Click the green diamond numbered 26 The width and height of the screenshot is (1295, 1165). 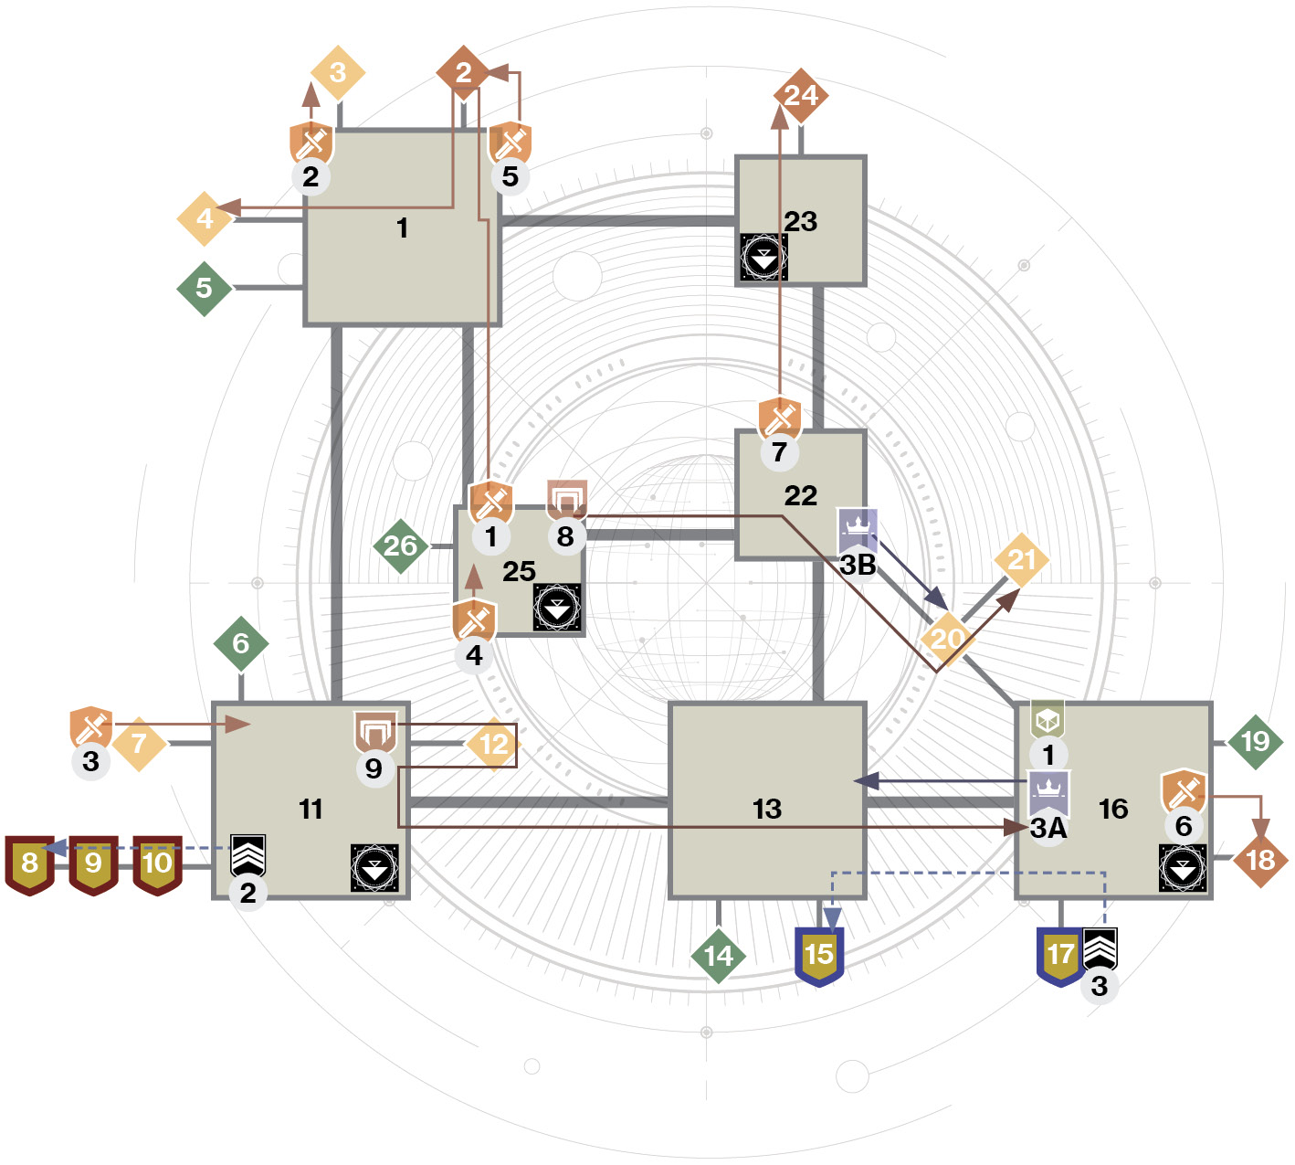(401, 546)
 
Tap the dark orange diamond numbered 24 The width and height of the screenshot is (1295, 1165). (801, 96)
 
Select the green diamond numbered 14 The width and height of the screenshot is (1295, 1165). (719, 956)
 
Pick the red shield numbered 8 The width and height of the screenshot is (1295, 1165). (30, 864)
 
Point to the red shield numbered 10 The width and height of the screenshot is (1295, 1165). (157, 864)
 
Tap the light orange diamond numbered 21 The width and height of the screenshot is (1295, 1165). (1021, 560)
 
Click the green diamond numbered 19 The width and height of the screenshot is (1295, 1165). (1255, 742)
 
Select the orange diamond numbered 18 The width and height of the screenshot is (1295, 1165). (1261, 860)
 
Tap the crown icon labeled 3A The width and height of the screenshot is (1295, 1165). (1048, 793)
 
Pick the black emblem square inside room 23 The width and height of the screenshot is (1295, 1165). (763, 257)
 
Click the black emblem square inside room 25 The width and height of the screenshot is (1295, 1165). (557, 608)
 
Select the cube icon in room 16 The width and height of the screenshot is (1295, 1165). (1048, 719)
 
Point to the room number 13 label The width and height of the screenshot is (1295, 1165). (767, 809)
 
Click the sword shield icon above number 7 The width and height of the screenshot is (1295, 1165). (780, 418)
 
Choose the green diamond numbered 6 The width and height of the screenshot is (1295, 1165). (241, 643)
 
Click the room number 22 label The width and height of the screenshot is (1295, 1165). (801, 496)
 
